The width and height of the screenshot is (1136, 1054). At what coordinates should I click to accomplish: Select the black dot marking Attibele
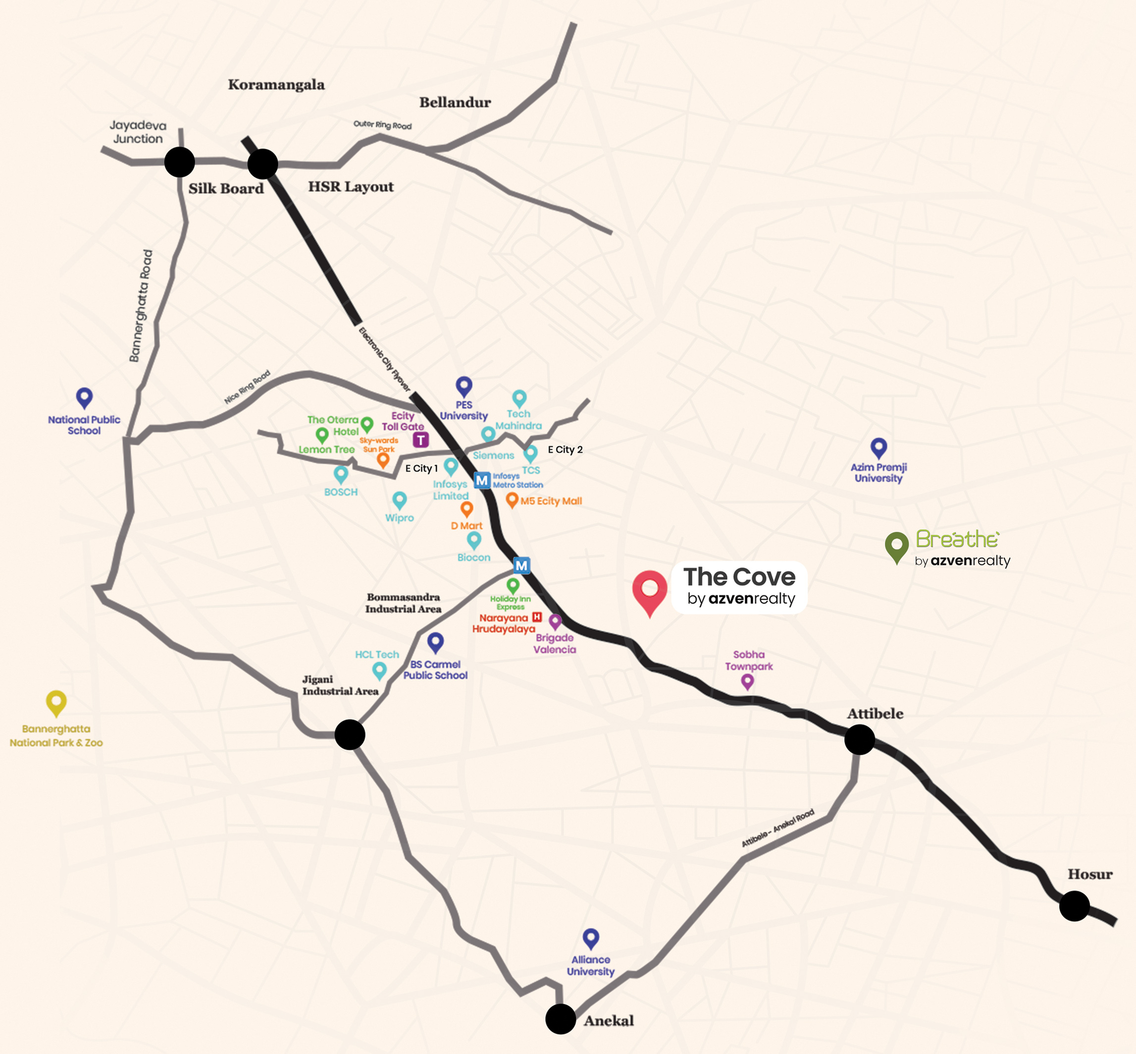[x=859, y=740]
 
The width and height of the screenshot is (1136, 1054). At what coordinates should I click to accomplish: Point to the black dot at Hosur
[x=1075, y=906]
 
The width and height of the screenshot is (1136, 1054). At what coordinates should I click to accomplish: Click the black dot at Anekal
[x=560, y=1019]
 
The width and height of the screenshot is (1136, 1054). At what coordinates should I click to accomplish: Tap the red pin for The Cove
[x=649, y=590]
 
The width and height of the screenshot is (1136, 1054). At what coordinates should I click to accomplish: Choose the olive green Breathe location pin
[x=896, y=545]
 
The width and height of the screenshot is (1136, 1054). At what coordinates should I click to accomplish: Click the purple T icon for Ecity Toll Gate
[x=420, y=440]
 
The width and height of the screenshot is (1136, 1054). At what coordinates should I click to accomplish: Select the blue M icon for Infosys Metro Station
[x=482, y=480]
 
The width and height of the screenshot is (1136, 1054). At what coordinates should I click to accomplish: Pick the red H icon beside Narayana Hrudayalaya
[x=536, y=617]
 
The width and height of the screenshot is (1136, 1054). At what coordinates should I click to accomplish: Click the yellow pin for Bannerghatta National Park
[x=56, y=702]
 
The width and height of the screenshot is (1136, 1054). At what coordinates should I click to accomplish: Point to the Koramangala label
[x=276, y=85]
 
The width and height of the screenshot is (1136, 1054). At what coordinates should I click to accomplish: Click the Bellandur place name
[x=455, y=103]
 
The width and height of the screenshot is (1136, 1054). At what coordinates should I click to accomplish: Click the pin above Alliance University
[x=590, y=938]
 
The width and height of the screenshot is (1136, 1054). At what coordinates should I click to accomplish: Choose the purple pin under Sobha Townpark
[x=747, y=681]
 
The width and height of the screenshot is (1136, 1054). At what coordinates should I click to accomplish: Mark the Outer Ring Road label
[x=382, y=125]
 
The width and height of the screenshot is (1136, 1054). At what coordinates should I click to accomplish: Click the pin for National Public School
[x=84, y=397]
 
